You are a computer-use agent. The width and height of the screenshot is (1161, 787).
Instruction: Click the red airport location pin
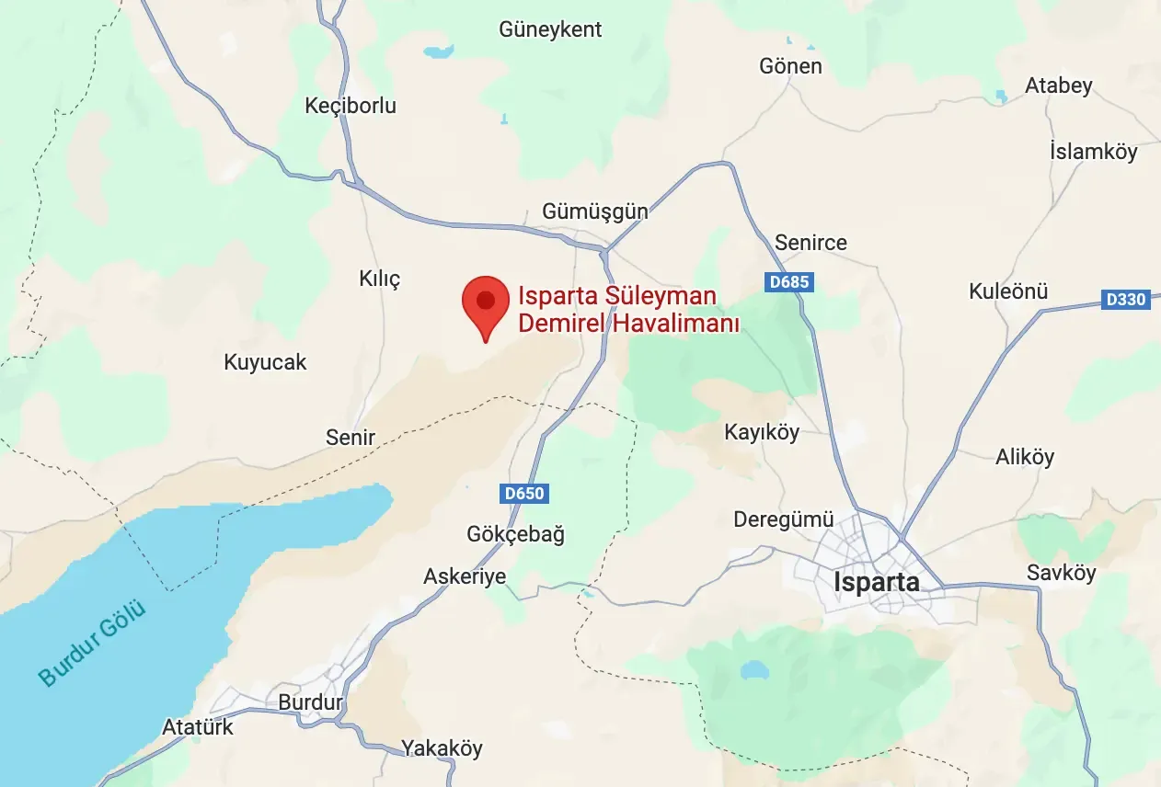pyautogui.click(x=486, y=303)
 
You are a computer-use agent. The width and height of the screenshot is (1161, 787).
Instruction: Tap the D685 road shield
pyautogui.click(x=788, y=281)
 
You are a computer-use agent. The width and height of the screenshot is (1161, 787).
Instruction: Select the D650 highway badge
pyautogui.click(x=525, y=494)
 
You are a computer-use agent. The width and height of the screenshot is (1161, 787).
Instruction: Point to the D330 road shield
pyautogui.click(x=1126, y=300)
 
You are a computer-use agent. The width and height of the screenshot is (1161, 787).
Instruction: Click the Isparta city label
pyautogui.click(x=876, y=582)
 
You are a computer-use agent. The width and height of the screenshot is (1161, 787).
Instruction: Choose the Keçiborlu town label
pyautogui.click(x=351, y=106)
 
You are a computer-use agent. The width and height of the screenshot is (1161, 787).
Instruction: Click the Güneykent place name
pyautogui.click(x=550, y=29)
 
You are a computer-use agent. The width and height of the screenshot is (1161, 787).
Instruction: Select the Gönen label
pyautogui.click(x=790, y=66)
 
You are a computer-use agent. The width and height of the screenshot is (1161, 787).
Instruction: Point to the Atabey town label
pyautogui.click(x=1059, y=86)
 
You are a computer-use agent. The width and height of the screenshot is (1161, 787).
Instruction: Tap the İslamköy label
pyautogui.click(x=1093, y=152)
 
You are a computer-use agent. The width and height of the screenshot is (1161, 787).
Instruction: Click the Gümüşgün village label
pyautogui.click(x=594, y=211)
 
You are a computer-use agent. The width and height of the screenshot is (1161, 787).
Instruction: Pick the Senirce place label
pyautogui.click(x=810, y=243)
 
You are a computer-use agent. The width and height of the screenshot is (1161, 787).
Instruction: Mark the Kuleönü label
pyautogui.click(x=1008, y=292)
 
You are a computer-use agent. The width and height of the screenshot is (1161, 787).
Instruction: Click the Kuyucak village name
pyautogui.click(x=265, y=362)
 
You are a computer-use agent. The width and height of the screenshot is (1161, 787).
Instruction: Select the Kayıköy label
pyautogui.click(x=762, y=432)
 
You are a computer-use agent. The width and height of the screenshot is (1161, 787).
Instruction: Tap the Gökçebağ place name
pyautogui.click(x=515, y=534)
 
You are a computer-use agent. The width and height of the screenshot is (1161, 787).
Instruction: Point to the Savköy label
pyautogui.click(x=1062, y=573)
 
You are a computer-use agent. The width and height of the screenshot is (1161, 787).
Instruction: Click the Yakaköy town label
pyautogui.click(x=442, y=748)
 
